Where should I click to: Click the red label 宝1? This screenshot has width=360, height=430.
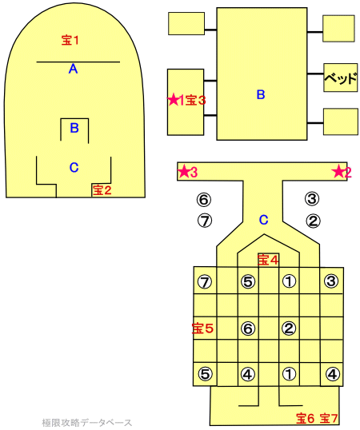point(70,40)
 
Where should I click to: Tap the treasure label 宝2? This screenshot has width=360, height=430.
point(102,189)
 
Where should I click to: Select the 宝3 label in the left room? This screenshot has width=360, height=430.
point(195,101)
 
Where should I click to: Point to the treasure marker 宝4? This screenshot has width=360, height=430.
point(268,259)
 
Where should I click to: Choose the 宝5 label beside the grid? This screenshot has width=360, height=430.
point(202,328)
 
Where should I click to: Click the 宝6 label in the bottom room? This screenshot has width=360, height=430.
point(305,418)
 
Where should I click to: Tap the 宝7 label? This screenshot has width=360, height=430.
point(329,418)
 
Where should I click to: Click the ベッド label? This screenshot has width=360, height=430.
point(341,78)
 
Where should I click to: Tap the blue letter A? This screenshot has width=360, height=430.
point(73,69)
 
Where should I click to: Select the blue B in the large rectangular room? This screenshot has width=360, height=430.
point(261,94)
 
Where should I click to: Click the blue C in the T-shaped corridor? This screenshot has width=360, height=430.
point(264,220)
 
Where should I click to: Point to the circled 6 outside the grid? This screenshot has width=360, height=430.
point(204,199)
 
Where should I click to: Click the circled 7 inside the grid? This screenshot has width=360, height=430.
point(205,281)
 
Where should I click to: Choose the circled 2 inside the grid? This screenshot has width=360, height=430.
point(289,328)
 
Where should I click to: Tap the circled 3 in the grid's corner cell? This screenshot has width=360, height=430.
point(331,281)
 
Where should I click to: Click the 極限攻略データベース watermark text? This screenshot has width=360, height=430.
point(87,422)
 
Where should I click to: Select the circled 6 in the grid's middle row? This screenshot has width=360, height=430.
point(248,328)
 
